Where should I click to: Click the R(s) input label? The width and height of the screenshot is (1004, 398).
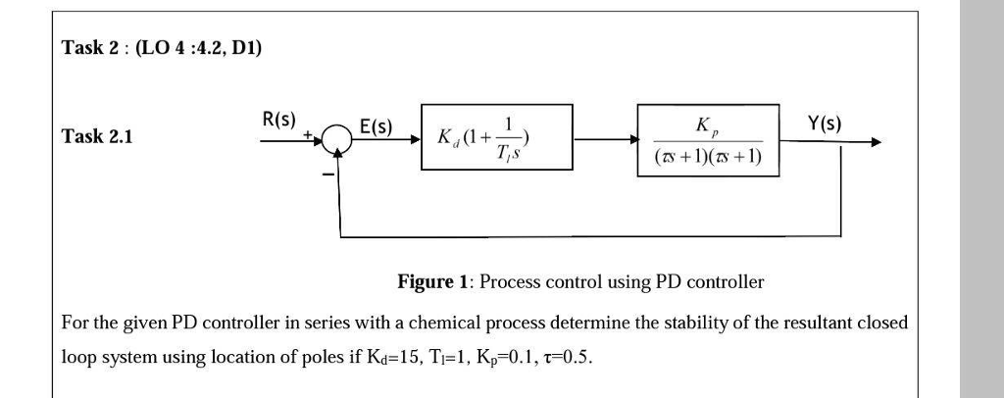279,121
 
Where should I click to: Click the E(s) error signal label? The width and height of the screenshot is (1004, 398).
375,126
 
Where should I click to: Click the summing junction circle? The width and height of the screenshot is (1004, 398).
339,140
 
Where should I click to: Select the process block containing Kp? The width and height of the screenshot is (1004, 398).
708,140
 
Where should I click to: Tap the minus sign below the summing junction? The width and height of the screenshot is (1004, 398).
329,174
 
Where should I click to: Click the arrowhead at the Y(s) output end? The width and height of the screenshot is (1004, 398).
875,142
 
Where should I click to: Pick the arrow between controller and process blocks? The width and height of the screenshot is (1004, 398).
605,140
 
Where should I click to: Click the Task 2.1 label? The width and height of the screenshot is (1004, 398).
96,136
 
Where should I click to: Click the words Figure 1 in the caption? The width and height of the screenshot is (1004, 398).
432,282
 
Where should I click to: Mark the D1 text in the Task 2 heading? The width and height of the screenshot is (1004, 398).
245,46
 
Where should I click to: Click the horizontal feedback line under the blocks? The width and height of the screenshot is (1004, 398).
588,236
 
